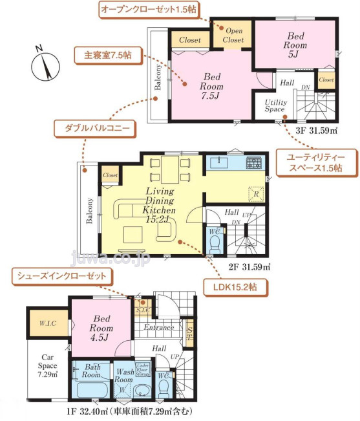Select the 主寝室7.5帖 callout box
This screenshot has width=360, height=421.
pos(104,56)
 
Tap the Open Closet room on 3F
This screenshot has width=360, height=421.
pos(233,36)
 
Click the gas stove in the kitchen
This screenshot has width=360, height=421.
pos(253,163)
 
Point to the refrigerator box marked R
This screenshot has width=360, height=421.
pos(256,193)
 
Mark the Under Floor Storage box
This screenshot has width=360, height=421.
pos(143,369)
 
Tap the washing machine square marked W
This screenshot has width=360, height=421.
pos(123,390)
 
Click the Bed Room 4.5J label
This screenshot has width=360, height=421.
pos(103,327)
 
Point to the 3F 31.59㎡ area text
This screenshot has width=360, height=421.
pos(317,130)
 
